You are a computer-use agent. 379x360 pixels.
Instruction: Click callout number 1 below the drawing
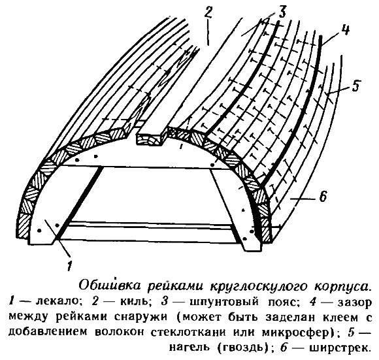(70, 266)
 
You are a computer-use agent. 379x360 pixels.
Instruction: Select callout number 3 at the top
(282, 11)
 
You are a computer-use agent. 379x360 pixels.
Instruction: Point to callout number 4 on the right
(346, 30)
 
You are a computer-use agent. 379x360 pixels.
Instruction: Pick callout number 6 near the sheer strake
(323, 196)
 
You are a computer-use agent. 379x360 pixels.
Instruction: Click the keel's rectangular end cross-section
(151, 139)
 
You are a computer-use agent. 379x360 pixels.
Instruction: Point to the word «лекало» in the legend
(59, 302)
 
